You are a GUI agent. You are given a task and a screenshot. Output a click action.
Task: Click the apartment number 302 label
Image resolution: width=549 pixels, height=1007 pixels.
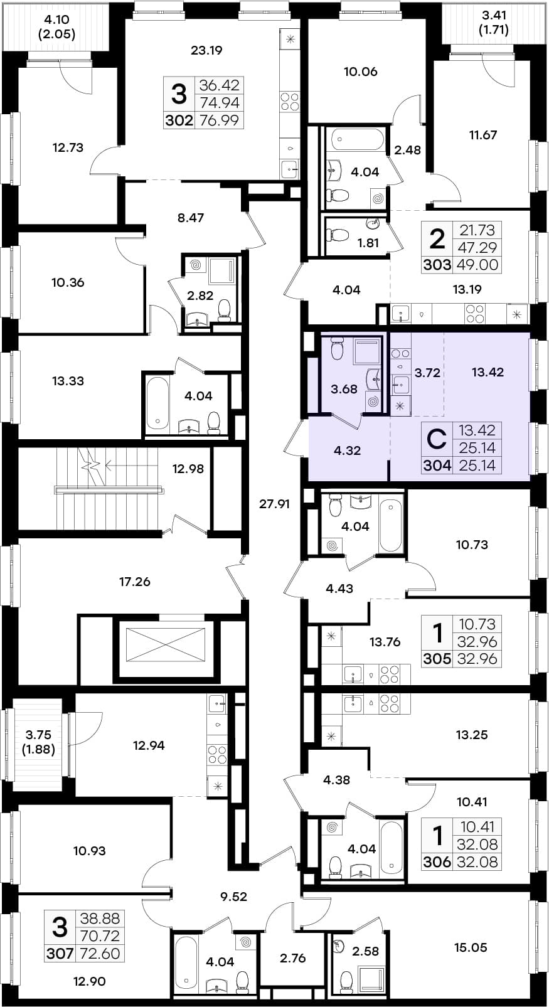click(179, 120)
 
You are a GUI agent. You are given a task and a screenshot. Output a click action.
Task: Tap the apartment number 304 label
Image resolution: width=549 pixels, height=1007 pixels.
click(437, 466)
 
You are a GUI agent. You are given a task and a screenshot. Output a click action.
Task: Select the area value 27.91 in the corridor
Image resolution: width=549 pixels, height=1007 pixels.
click(274, 504)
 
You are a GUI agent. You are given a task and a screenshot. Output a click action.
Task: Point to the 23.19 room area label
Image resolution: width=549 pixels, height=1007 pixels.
click(206, 50)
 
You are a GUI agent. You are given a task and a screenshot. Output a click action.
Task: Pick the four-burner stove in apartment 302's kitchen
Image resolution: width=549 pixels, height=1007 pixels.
click(289, 101)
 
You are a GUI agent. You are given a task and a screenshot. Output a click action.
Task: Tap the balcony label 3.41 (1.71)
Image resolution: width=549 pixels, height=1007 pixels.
click(494, 23)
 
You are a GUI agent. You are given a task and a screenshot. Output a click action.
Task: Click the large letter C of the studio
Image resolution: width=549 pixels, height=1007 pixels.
click(436, 440)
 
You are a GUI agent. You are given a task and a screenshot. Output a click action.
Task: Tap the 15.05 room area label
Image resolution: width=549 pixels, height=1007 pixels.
click(471, 947)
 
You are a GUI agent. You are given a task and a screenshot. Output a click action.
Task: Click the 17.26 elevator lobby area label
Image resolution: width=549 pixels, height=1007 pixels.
click(135, 582)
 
